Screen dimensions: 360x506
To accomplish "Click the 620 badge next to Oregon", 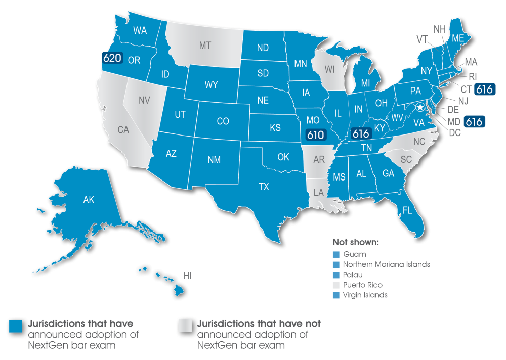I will (112, 58).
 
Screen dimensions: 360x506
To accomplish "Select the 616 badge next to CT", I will (485, 89).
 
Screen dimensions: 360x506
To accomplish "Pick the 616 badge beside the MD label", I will (474, 122).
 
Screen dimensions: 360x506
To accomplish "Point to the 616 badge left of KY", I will (361, 133).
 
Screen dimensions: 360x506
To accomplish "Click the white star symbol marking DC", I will (420, 107).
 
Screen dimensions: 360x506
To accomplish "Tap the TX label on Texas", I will (264, 187).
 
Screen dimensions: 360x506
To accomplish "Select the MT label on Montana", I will (205, 46).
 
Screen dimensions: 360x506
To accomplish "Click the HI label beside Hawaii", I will (187, 276).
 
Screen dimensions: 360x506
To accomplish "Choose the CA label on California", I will (123, 130).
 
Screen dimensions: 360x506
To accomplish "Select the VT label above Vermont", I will (421, 39).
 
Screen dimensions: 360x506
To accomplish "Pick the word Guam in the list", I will (354, 254).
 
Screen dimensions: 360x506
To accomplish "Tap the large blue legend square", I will (16, 326).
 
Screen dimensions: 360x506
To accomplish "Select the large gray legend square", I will (185, 326).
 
